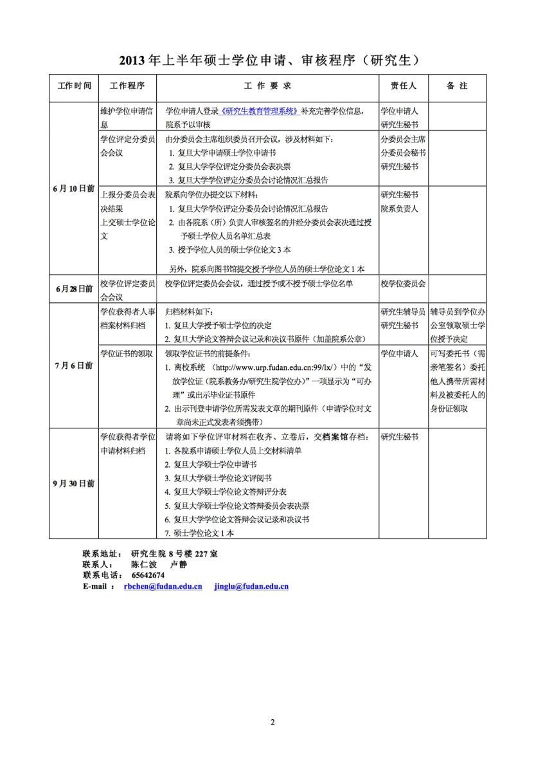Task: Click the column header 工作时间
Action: pos(74,86)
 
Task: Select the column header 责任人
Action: pos(404,86)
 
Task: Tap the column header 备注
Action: pos(457,86)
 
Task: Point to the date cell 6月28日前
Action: pos(74,289)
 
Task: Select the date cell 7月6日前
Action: pos(74,365)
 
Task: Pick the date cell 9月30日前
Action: pos(74,483)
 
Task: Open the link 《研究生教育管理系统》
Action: pos(260,111)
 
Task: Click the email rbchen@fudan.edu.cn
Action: pos(163,586)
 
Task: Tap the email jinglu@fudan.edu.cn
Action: pos(251,586)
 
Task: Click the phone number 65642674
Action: pos(148,575)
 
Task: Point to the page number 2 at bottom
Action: pos(272,722)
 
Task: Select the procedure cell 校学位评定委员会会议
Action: pos(127,289)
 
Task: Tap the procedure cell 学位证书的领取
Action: pos(127,353)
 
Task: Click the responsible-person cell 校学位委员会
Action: pos(403,283)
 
